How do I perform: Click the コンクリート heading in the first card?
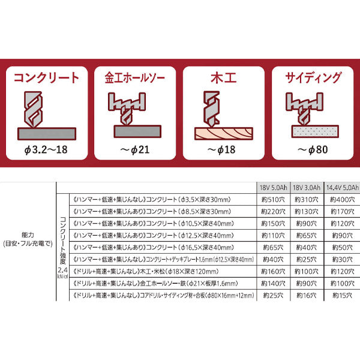coord(46,77)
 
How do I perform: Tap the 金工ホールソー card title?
coord(135,77)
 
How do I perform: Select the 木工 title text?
coord(223,77)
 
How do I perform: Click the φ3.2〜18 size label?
coord(46,149)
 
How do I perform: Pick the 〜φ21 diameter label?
coord(135,149)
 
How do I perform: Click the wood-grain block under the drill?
coord(223,132)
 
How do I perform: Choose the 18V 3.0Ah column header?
coord(306,187)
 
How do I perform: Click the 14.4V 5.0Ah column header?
coord(341,187)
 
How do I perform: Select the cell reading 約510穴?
coord(273,199)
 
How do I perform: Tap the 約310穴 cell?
coord(306,199)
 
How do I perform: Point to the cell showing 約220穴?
coord(273,211)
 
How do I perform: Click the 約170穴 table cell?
coord(341,211)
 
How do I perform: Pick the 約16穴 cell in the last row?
coord(306,296)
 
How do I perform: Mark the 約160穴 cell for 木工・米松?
coord(273,272)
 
